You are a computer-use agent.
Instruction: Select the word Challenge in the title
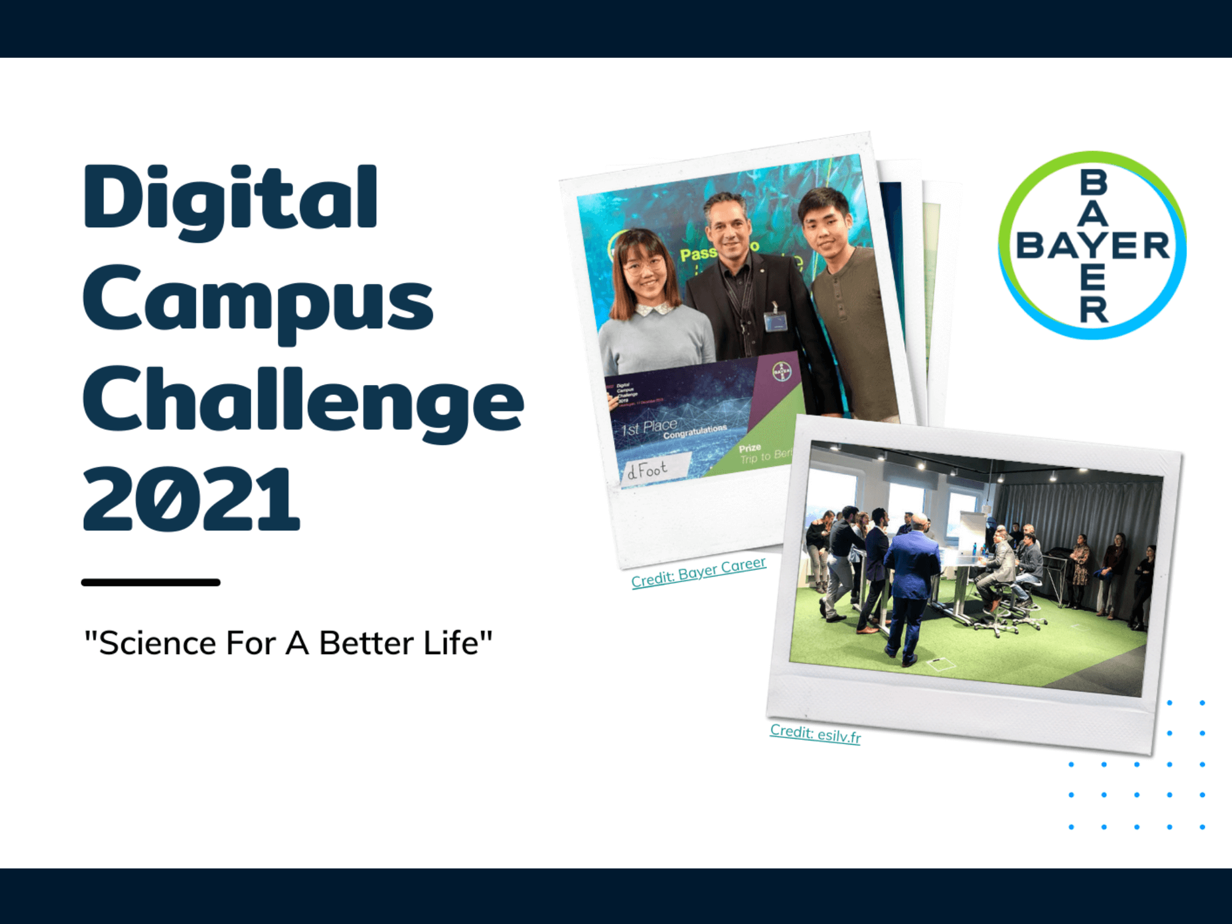pos(302,400)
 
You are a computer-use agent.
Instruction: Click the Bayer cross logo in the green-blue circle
pos(1092,245)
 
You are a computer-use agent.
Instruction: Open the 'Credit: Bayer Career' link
pos(699,572)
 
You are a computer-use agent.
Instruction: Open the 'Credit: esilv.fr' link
pos(815,733)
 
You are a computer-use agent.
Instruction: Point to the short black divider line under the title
pos(150,582)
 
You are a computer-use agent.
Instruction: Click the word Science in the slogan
pos(157,643)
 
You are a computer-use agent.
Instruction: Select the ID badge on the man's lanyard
pos(777,320)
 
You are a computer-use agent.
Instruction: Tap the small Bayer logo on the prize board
pos(781,371)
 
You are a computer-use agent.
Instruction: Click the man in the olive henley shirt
pos(853,308)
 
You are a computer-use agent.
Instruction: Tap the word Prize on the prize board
pos(750,448)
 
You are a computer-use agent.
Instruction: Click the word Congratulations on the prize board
pos(695,431)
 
